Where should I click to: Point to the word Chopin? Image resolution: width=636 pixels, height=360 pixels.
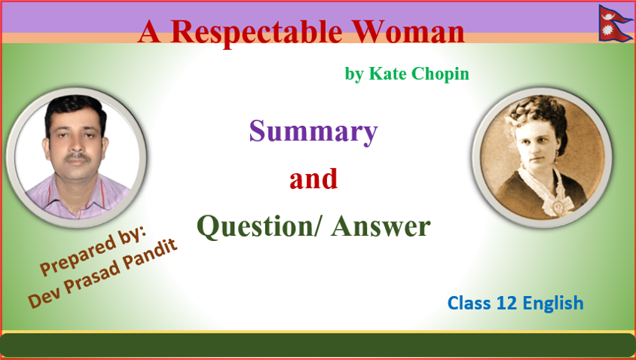coord(440,74)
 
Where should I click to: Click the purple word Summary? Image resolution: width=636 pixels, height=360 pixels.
coord(313,132)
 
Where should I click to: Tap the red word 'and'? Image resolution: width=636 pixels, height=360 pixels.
coord(313,179)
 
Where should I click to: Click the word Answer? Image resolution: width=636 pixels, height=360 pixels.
coord(382,226)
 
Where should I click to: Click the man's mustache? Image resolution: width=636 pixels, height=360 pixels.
coord(72,157)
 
